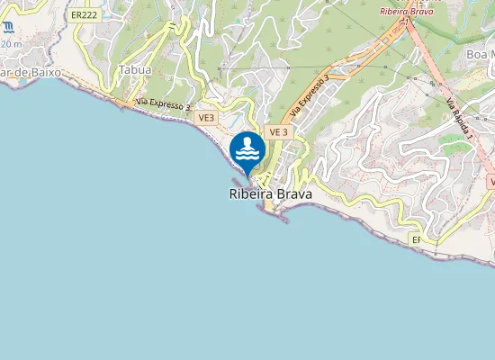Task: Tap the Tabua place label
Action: [135, 69]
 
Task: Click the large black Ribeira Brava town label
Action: [266, 193]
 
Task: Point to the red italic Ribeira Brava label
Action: [406, 12]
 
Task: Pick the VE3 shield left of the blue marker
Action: [205, 118]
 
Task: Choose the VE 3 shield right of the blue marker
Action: [278, 132]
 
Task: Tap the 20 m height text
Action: [11, 43]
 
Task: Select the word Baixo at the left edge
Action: [40, 70]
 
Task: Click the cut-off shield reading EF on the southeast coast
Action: [416, 240]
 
